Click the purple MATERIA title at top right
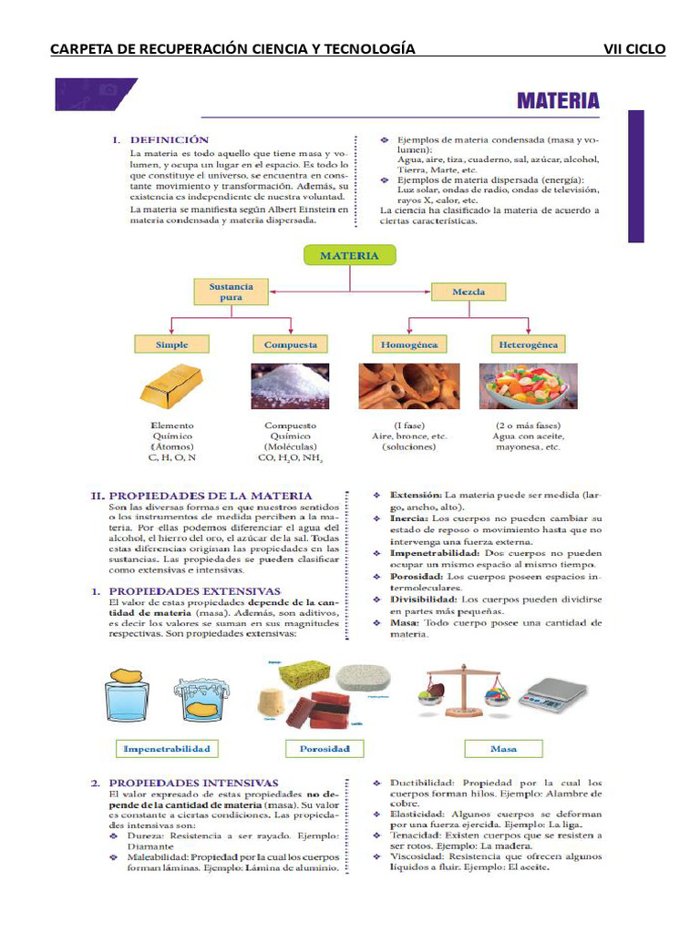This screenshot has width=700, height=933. (x=558, y=100)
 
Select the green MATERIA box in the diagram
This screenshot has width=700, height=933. (x=348, y=256)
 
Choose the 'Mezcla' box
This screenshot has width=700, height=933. (x=468, y=292)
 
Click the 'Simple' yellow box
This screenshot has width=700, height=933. (x=172, y=344)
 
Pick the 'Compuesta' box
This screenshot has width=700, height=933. (x=291, y=344)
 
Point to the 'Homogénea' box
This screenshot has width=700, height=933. (x=409, y=344)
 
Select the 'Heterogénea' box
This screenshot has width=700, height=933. (x=528, y=344)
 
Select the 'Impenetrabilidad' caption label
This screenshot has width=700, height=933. (x=167, y=749)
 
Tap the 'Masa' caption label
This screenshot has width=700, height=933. (x=503, y=749)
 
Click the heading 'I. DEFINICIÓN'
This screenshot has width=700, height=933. (x=160, y=140)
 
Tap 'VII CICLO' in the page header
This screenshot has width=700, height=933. (x=634, y=48)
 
